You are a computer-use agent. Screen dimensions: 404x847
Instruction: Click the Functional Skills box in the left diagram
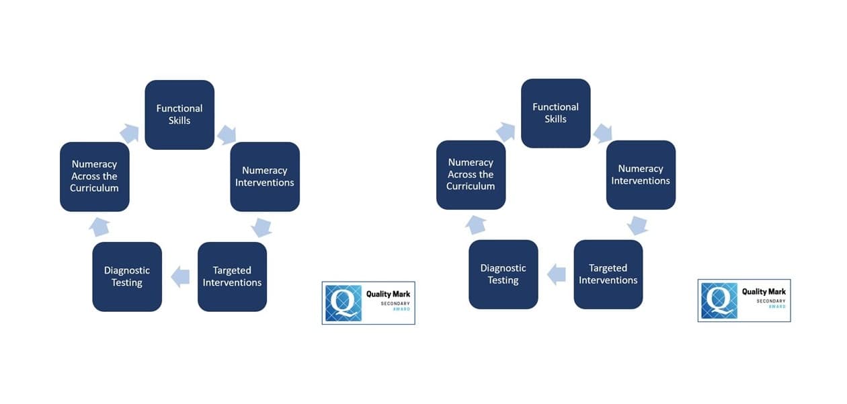point(179,114)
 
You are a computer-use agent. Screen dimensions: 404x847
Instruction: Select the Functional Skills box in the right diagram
point(556,113)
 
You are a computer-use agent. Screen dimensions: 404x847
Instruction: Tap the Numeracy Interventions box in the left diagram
point(265,176)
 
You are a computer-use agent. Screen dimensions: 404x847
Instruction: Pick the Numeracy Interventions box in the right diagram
point(641,175)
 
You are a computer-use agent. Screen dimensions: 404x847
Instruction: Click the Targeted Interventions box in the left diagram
point(232,276)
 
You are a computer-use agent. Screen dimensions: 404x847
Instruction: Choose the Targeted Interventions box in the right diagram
point(608,274)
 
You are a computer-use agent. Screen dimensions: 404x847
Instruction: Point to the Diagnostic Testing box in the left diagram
point(127,276)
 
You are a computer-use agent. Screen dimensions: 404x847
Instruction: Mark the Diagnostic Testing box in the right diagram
point(503,274)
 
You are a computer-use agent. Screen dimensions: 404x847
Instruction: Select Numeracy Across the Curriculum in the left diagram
point(94,176)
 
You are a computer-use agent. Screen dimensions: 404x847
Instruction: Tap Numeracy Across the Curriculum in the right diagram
point(471,174)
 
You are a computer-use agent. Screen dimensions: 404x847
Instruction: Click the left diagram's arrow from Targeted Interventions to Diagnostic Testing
point(180,276)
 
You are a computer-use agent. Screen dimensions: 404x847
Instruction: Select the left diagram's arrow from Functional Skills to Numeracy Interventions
point(227,134)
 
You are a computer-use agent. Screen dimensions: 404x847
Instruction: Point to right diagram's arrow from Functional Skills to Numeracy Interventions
point(602,132)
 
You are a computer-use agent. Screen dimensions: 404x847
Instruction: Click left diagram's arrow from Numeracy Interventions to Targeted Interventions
point(261,227)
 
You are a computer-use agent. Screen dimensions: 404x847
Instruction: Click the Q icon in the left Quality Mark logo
point(344,303)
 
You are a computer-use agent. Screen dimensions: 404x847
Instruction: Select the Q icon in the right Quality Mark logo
point(719,300)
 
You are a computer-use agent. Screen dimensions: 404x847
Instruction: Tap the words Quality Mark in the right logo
point(764,292)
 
